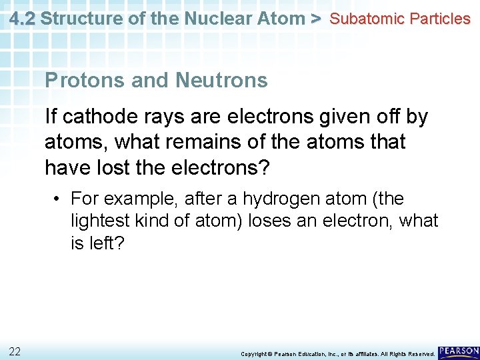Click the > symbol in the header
point(317,19)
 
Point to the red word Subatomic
point(367,19)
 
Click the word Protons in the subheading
point(85,81)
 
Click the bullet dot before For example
point(59,199)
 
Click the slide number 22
point(15,351)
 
